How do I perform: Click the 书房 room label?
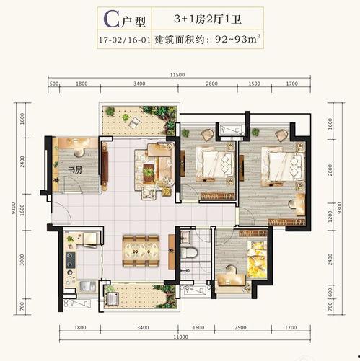pos(75,170)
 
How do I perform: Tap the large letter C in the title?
pos(111,19)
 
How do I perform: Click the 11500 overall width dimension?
pos(177,75)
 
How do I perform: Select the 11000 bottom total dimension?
pos(180,337)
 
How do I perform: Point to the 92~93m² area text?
pos(238,39)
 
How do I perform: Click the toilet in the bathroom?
pos(189,253)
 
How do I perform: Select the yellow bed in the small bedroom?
pos(258,259)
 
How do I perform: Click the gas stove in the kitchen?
pos(71,260)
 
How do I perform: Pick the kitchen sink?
pos(87,287)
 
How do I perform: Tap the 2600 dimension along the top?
pos(212,84)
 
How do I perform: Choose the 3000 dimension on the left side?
pos(22,259)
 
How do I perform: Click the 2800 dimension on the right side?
pos(330,170)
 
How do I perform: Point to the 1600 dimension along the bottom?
pos(198,328)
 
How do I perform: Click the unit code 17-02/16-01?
pos(125,40)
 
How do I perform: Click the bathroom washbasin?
pos(185,236)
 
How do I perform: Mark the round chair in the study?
pos(79,152)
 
